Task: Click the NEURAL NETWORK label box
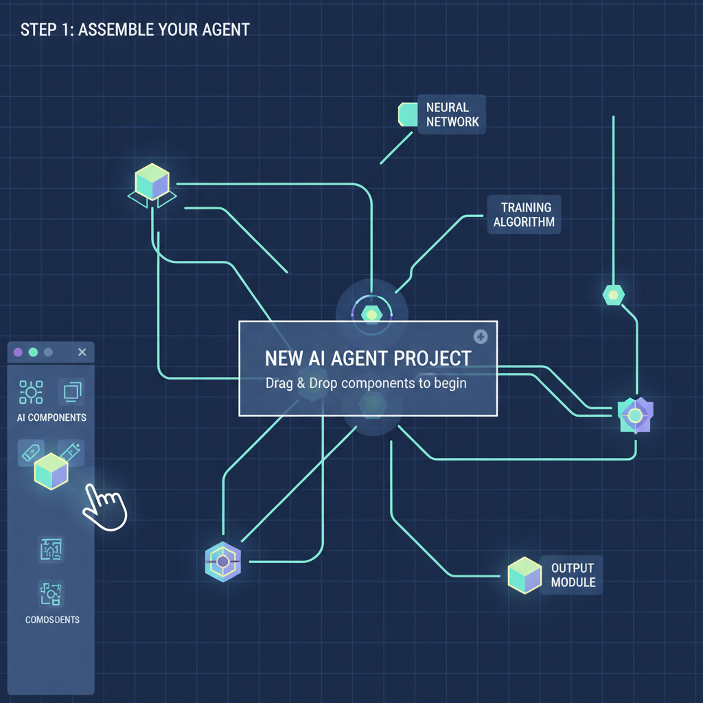point(451,115)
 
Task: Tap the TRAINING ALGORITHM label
point(525,215)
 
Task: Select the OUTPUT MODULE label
point(573,575)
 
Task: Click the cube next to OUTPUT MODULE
point(525,575)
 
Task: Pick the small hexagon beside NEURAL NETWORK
point(408,114)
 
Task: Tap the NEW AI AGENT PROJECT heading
point(368,358)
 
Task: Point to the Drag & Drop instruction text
point(366,383)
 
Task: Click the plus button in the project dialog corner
point(480,336)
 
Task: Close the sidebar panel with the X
point(82,352)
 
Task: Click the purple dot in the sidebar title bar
point(18,352)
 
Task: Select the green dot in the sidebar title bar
point(33,352)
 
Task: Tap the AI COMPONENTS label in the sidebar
point(51,417)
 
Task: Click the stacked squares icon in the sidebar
point(71,392)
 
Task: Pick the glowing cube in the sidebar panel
point(51,471)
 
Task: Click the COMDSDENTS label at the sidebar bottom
point(51,619)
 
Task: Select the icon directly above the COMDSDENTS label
point(51,593)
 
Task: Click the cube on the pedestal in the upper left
point(152,182)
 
